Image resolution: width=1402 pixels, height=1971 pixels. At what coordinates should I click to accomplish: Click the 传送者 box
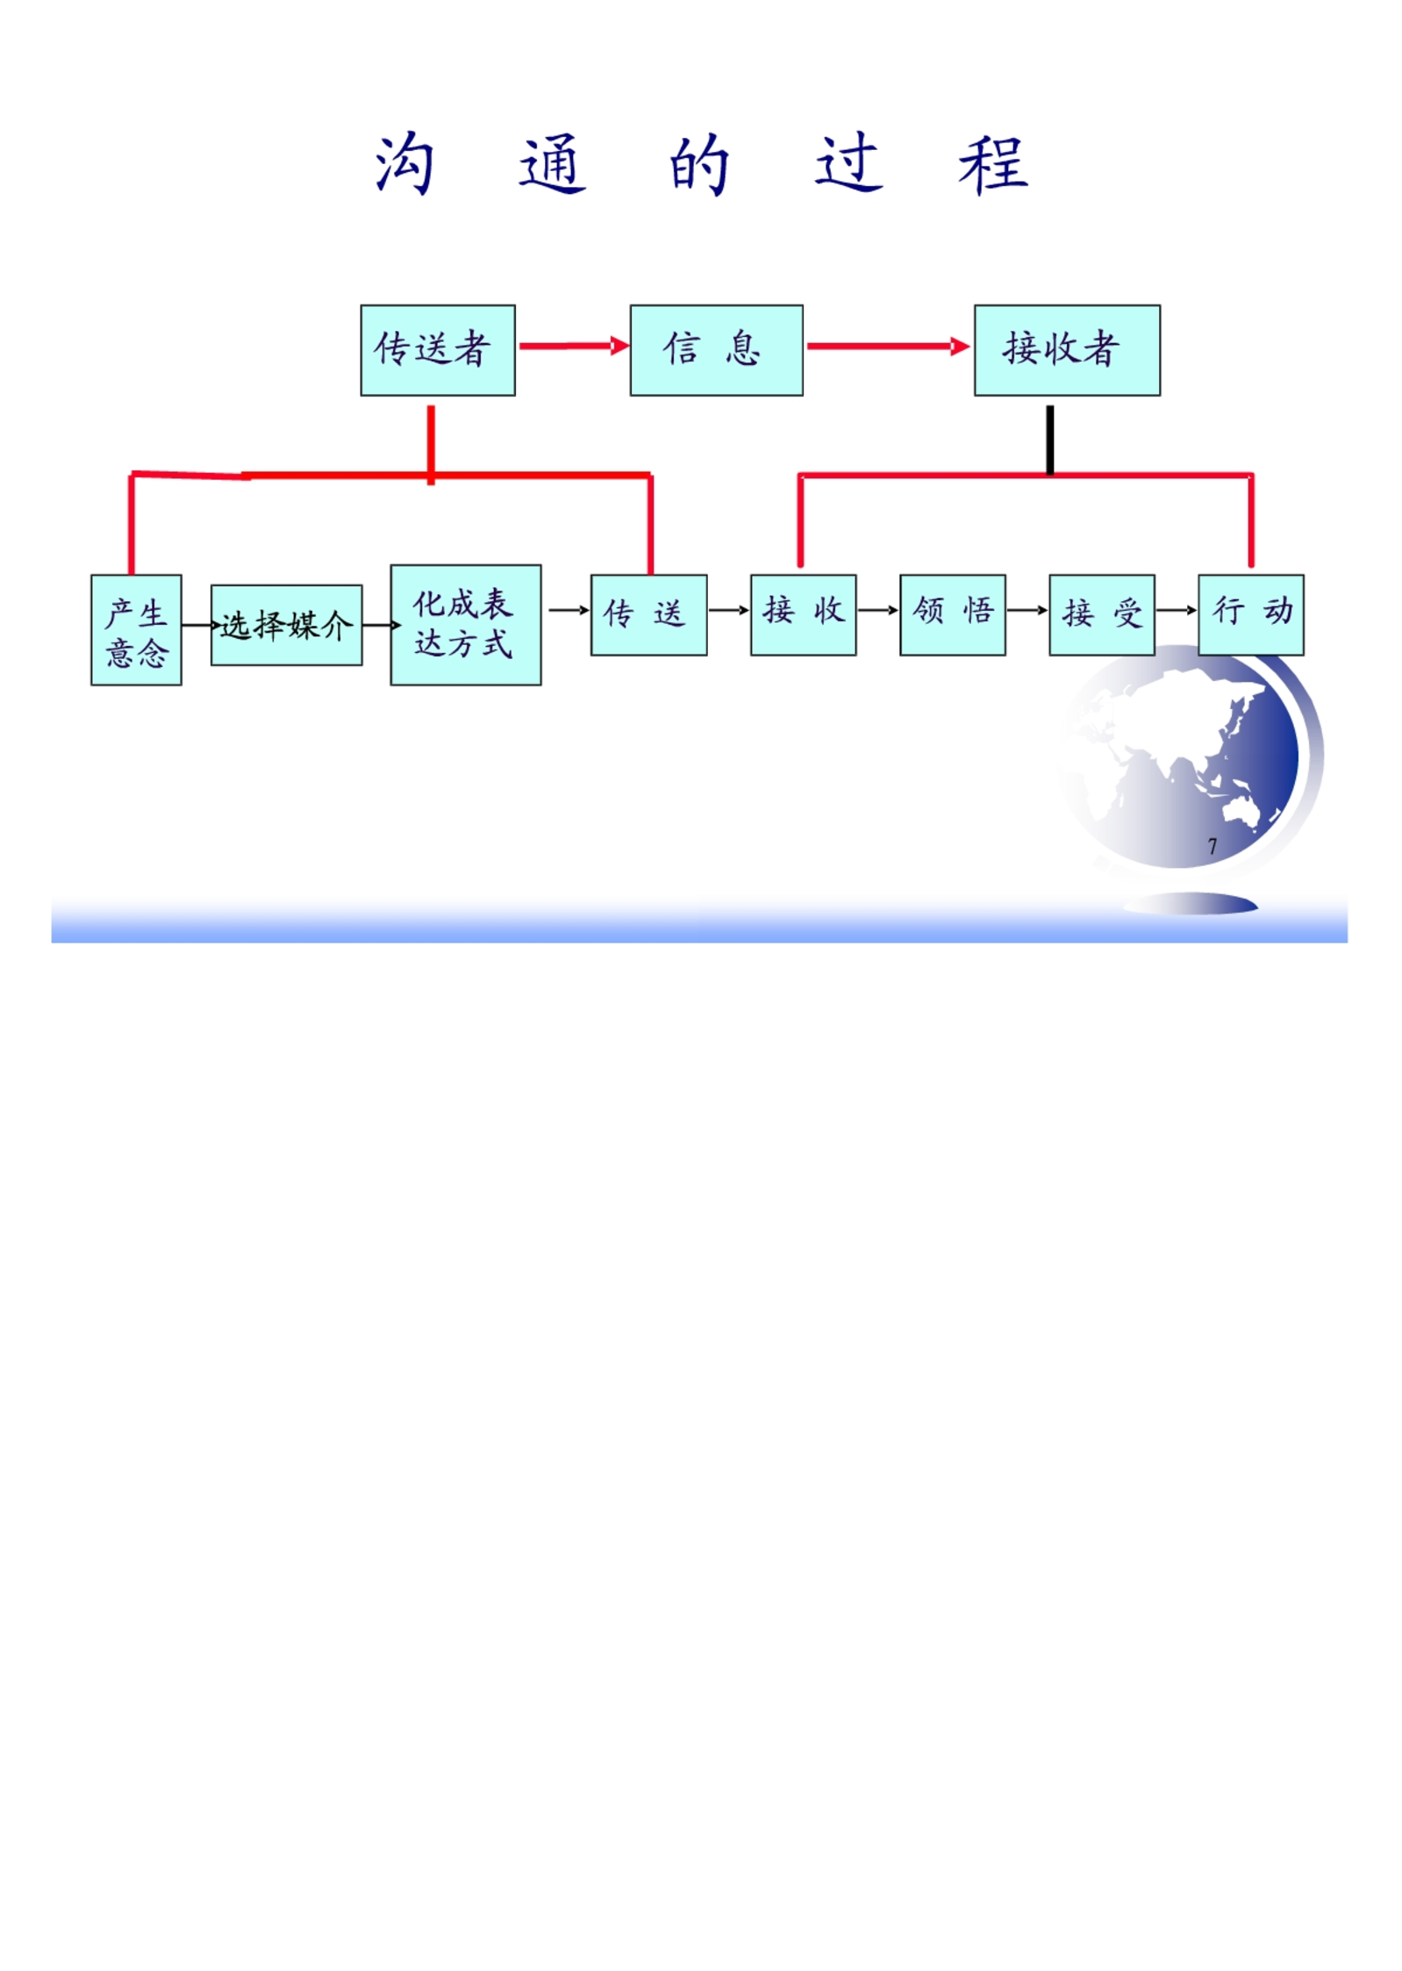(x=438, y=350)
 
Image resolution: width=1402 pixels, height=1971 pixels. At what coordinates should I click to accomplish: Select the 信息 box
(x=716, y=350)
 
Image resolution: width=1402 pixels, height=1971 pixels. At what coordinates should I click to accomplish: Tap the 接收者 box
(x=1067, y=350)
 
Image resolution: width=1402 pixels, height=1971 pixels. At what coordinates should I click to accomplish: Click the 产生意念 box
(x=136, y=630)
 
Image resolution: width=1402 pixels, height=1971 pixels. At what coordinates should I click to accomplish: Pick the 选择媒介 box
(x=286, y=625)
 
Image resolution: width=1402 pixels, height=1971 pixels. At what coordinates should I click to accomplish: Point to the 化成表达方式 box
(x=466, y=625)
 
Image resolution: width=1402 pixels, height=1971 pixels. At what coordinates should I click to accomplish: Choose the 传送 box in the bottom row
(x=648, y=615)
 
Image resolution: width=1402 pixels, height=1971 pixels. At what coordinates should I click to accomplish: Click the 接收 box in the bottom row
(x=803, y=615)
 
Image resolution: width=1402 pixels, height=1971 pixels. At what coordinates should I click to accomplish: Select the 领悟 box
(x=952, y=615)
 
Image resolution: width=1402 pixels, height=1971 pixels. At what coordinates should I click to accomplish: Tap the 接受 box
(x=1101, y=615)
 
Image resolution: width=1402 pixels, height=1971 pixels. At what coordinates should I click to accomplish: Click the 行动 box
(x=1250, y=615)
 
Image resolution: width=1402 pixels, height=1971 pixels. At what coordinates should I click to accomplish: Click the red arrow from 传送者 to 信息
(x=574, y=346)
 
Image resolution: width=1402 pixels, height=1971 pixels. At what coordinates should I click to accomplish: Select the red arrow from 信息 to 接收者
(x=888, y=346)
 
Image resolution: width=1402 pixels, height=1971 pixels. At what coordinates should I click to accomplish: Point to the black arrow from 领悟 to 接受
(x=1027, y=610)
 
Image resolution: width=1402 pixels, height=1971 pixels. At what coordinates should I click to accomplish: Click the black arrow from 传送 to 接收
(x=728, y=610)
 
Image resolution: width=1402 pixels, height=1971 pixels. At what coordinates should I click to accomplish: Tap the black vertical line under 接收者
(x=1049, y=440)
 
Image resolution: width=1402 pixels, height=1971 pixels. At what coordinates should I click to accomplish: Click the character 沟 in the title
(x=404, y=164)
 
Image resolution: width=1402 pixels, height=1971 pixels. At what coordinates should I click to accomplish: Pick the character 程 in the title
(x=992, y=164)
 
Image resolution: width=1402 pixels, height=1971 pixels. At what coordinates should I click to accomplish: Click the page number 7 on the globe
(x=1212, y=846)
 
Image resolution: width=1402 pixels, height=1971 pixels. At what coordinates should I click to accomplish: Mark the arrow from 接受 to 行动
(x=1177, y=610)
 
